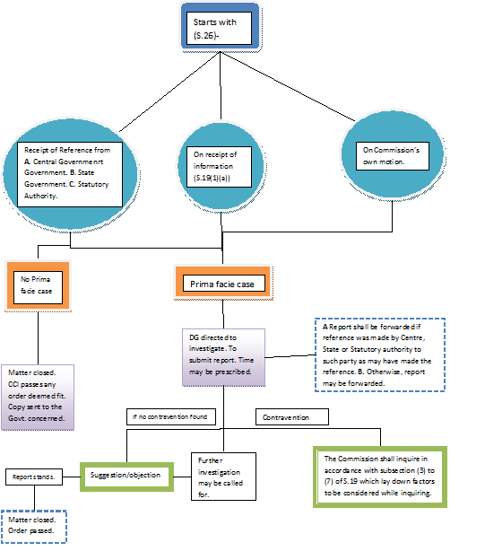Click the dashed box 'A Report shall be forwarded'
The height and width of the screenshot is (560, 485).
(378, 353)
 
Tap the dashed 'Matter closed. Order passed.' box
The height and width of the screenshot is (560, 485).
(35, 524)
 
